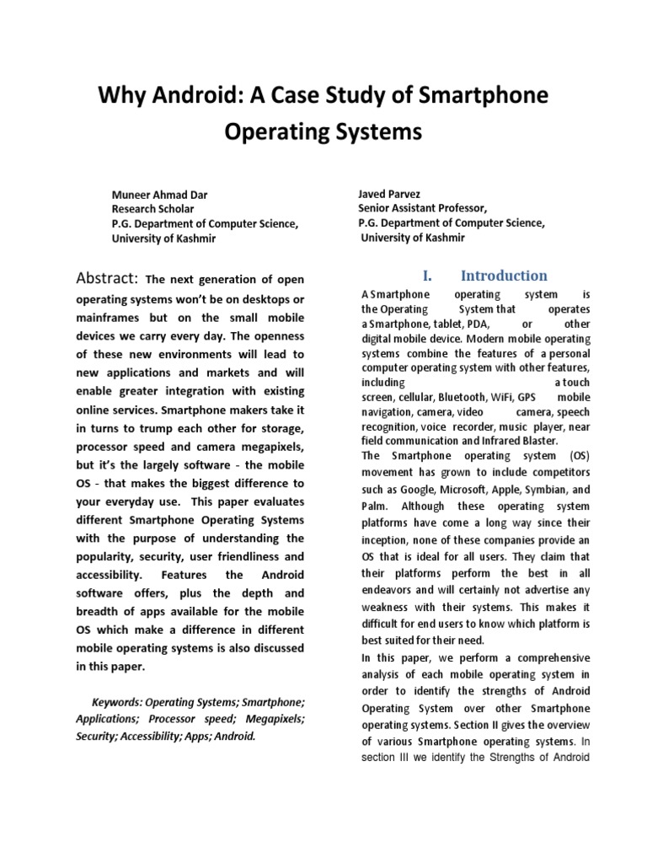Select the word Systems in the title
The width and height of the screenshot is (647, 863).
pyautogui.click(x=371, y=132)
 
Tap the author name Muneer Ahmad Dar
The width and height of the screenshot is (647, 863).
pyautogui.click(x=160, y=195)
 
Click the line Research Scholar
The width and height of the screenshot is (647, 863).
pyautogui.click(x=152, y=209)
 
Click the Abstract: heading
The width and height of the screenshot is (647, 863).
pyautogui.click(x=107, y=278)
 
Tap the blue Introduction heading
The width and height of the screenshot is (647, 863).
pyautogui.click(x=503, y=276)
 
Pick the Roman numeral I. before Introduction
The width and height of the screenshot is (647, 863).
pyautogui.click(x=425, y=276)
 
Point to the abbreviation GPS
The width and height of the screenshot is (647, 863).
pyautogui.click(x=527, y=397)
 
